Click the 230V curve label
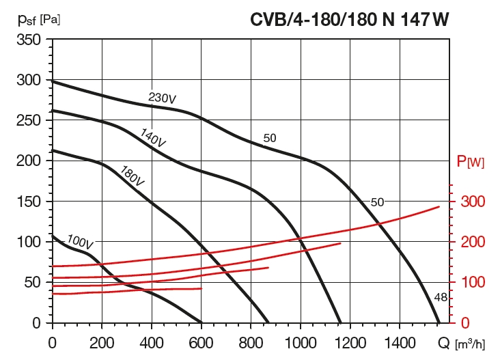click(163, 98)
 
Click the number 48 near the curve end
click(441, 296)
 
